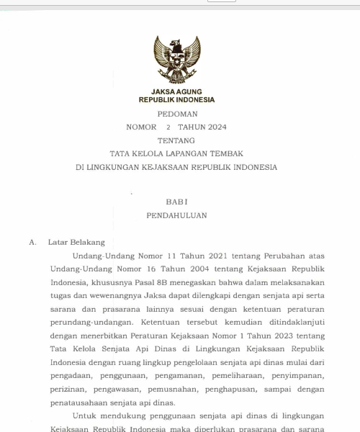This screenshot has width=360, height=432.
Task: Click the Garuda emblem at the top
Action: click(176, 60)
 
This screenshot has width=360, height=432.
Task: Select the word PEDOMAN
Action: click(176, 114)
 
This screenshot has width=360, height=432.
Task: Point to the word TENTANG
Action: click(176, 140)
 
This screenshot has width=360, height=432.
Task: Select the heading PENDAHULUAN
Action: click(176, 215)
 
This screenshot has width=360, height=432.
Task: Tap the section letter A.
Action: click(32, 243)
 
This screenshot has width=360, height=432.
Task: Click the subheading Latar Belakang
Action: click(76, 243)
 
